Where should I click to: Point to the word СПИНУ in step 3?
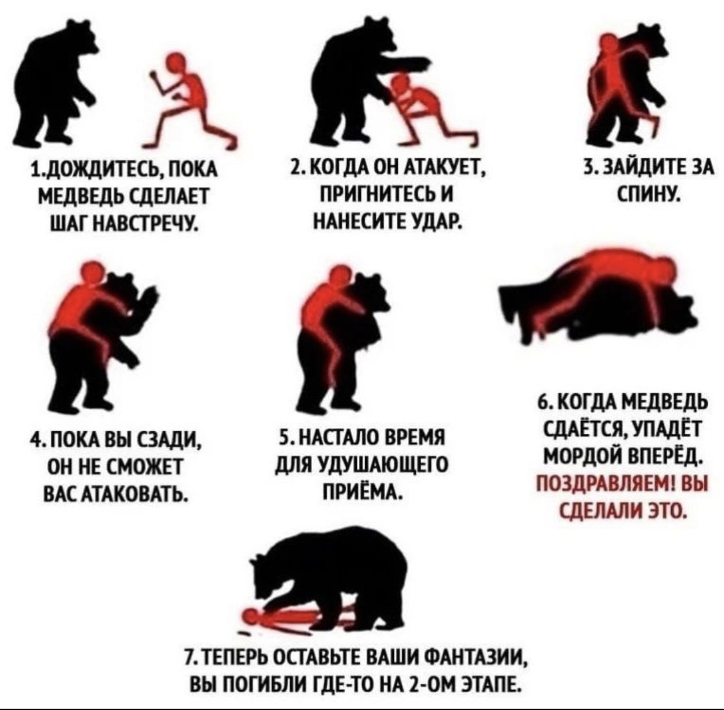pos(649,191)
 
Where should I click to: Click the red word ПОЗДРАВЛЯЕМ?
pos(606,486)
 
